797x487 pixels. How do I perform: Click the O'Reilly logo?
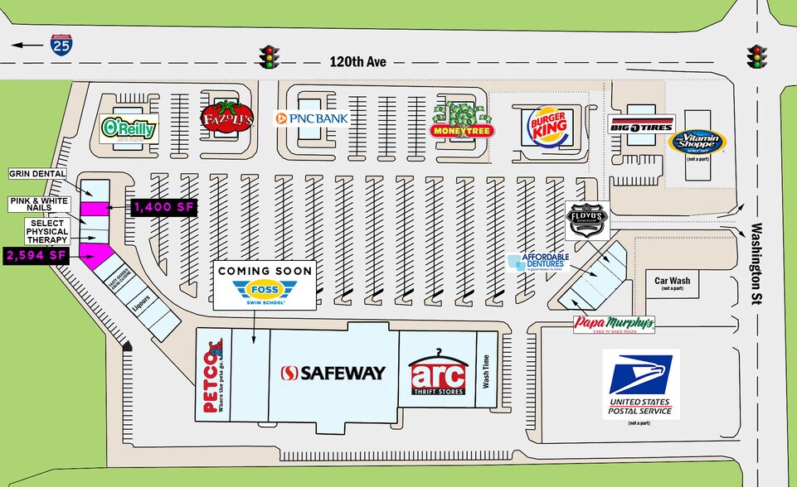pos(129,128)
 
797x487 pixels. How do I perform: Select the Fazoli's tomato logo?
pos(221,118)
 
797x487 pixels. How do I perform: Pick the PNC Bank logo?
pos(313,118)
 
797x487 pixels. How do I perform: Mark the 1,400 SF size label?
pos(163,208)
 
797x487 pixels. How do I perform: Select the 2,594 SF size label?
pos(36,256)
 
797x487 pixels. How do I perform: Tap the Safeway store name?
pos(333,373)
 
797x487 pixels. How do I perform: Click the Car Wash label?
pos(673,281)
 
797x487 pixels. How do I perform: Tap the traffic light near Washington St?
pos(756,56)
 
